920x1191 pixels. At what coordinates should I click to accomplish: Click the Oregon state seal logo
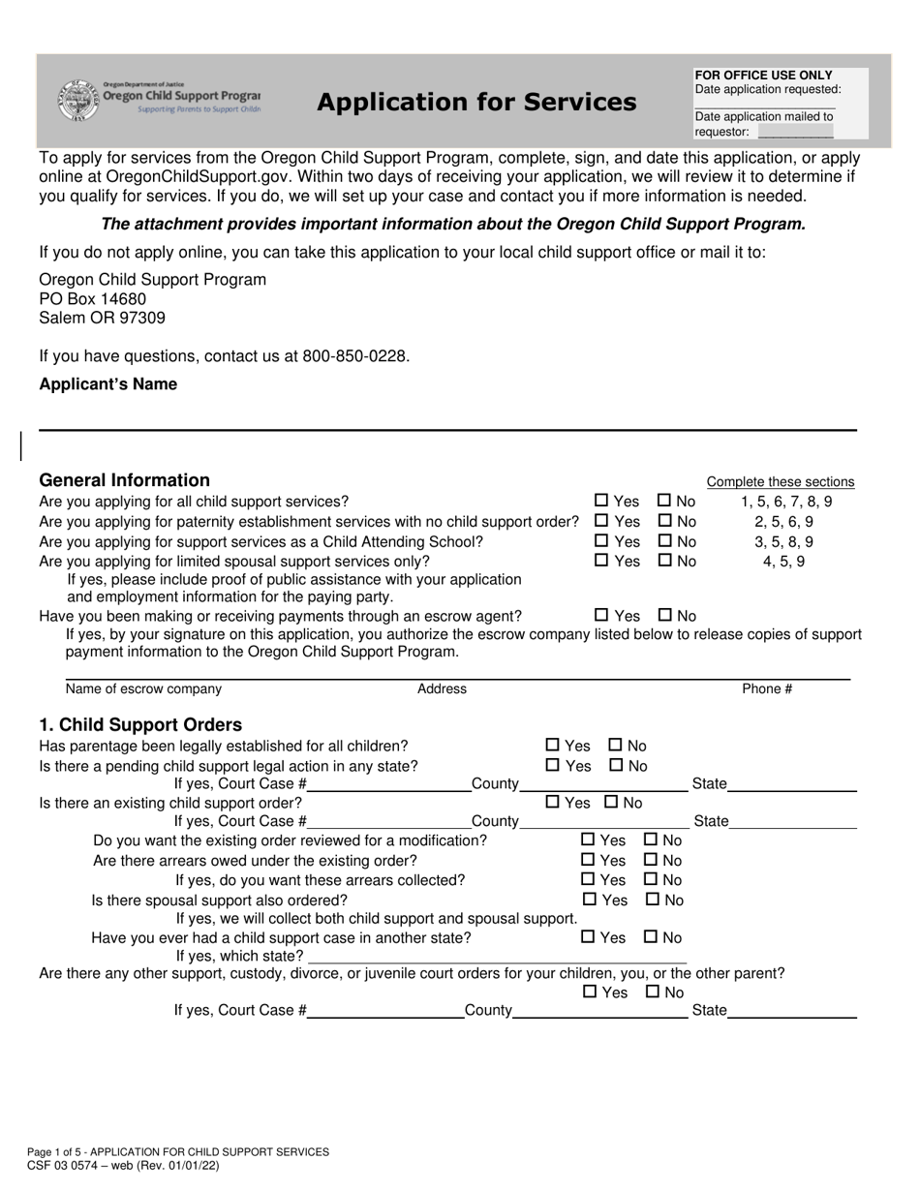[77, 100]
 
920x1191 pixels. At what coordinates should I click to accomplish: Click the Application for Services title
[476, 103]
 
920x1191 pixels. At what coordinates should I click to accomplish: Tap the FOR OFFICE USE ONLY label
[763, 75]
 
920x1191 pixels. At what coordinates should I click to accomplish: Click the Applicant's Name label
[107, 384]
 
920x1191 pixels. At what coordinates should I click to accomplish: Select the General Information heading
[124, 480]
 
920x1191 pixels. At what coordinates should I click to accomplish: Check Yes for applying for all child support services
[601, 501]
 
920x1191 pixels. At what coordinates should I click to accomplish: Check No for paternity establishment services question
[664, 521]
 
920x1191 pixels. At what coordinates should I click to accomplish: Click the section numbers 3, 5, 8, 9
[783, 541]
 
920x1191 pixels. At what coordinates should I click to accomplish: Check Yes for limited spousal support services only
[601, 560]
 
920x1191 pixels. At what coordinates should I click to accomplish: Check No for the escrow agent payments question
[664, 615]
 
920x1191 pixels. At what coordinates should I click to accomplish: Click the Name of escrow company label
[143, 688]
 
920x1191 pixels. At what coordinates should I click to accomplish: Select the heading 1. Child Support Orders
[140, 725]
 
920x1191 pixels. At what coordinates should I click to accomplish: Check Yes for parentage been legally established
[553, 745]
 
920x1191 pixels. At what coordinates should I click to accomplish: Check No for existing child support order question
[611, 802]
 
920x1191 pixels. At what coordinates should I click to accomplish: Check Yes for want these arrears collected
[588, 879]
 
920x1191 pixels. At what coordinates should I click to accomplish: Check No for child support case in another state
[651, 936]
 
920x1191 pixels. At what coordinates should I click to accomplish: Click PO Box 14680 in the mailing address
[93, 299]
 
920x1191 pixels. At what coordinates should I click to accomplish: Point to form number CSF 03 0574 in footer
[70, 1166]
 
